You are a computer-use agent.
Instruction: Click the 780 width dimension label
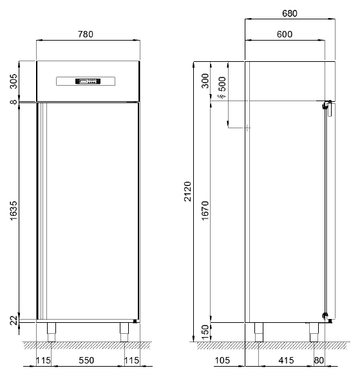(x=86, y=34)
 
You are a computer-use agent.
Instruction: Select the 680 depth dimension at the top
(x=290, y=14)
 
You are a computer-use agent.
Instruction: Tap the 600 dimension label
(x=285, y=34)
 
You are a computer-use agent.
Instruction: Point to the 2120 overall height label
(x=187, y=191)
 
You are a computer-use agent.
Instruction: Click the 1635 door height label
(x=14, y=211)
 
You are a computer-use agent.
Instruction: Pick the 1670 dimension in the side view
(x=205, y=211)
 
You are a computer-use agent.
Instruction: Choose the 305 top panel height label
(x=14, y=81)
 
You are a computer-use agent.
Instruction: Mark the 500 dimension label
(x=223, y=84)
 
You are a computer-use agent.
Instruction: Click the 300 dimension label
(x=205, y=81)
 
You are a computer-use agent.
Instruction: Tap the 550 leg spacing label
(x=86, y=360)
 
